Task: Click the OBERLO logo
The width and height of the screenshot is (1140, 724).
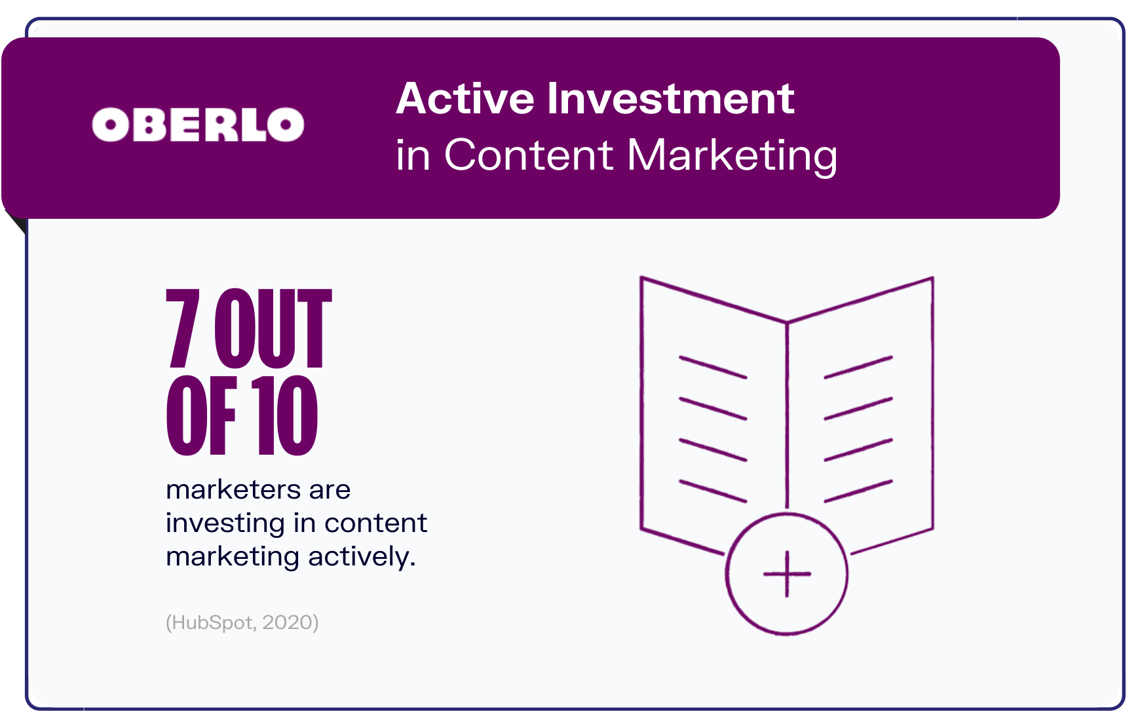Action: point(198,124)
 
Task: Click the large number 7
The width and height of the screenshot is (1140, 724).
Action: point(182,328)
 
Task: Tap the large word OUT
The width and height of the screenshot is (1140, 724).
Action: point(273,328)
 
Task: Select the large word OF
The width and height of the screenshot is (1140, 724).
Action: point(201,415)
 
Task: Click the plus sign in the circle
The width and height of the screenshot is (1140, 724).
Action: point(787,574)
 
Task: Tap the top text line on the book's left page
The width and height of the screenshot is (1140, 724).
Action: point(713,367)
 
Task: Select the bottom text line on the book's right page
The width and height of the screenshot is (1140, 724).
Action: point(858,491)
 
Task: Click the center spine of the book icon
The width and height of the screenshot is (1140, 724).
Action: point(787,416)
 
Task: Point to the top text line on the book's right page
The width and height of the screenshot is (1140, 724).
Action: point(858,367)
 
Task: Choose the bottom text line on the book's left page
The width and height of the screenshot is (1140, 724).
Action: point(713,491)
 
